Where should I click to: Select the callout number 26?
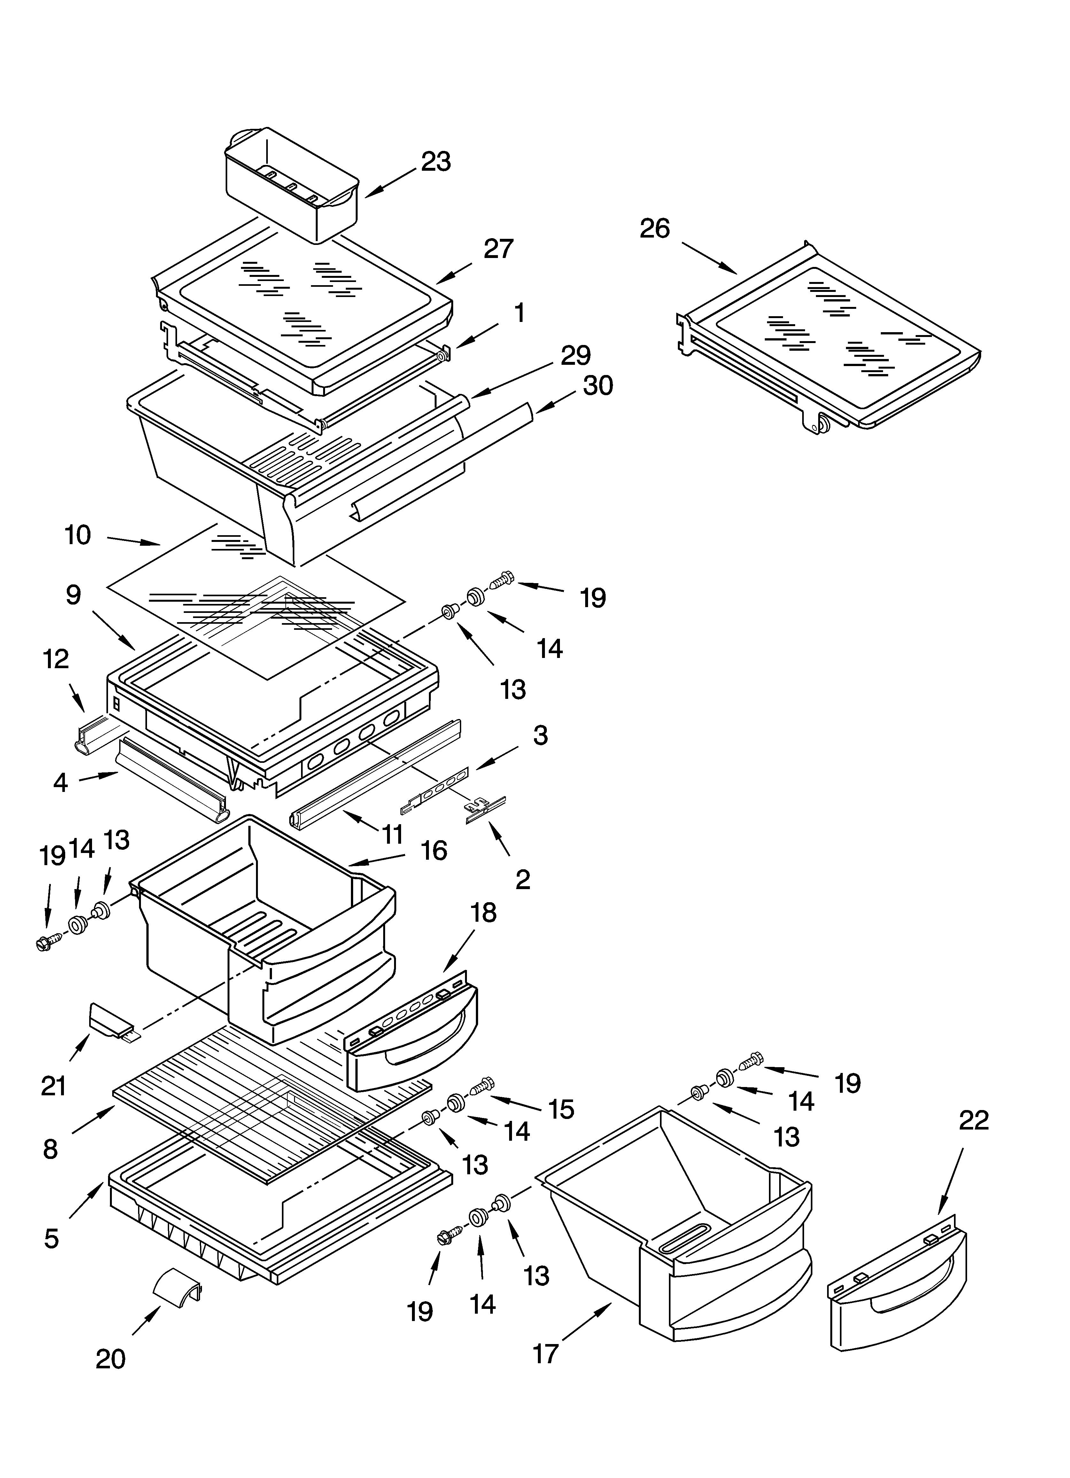click(654, 229)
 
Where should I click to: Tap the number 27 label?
click(499, 249)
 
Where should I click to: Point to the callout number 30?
click(598, 386)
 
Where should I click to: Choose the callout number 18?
click(484, 913)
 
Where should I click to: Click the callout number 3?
click(540, 735)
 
